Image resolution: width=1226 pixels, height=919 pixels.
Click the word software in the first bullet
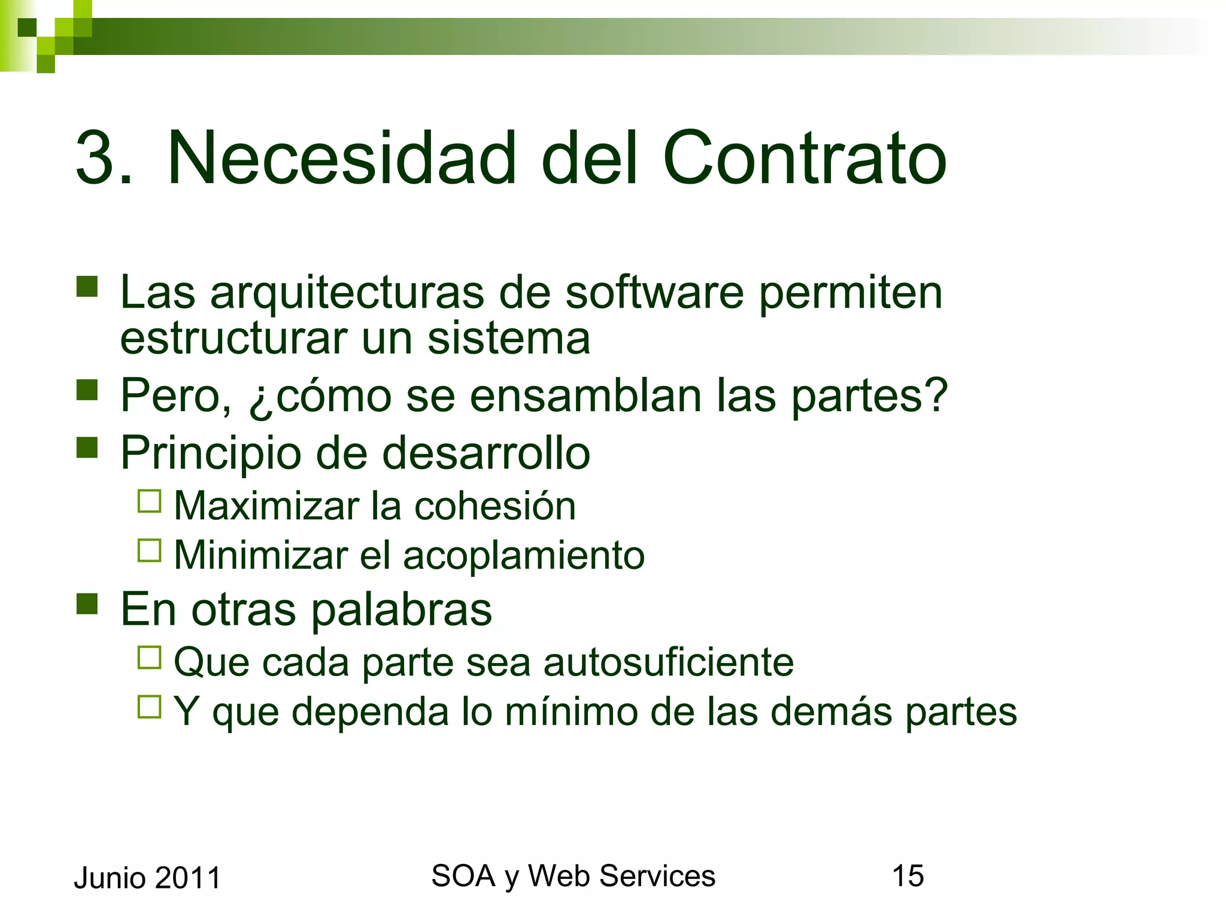point(654,293)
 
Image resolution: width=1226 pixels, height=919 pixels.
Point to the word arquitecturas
point(347,294)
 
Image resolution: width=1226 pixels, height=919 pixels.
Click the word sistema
point(508,339)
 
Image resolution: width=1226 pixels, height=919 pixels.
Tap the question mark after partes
point(934,395)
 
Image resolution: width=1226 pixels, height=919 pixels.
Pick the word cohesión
point(495,506)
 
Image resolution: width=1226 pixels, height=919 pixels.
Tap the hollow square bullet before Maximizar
point(150,501)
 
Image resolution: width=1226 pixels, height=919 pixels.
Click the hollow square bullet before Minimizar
point(150,550)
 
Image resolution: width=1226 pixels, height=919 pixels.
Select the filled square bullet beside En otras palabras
point(87,604)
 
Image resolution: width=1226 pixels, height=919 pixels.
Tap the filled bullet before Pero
point(87,390)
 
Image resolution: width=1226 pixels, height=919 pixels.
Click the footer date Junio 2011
point(147,878)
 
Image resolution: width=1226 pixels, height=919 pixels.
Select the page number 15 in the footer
point(908,876)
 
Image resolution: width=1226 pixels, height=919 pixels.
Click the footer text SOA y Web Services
point(573,876)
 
